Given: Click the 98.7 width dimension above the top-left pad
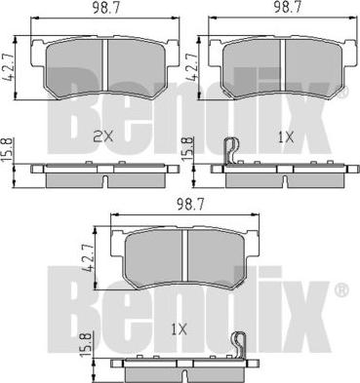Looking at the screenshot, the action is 105,8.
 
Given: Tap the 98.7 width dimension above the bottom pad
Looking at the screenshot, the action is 190,204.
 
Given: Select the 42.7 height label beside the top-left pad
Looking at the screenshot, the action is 9,67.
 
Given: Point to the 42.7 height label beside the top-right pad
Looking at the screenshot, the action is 191,66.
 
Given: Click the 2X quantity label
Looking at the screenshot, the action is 103,137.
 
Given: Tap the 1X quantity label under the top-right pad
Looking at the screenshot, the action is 286,138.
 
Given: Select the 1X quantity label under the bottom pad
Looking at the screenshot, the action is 179,330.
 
